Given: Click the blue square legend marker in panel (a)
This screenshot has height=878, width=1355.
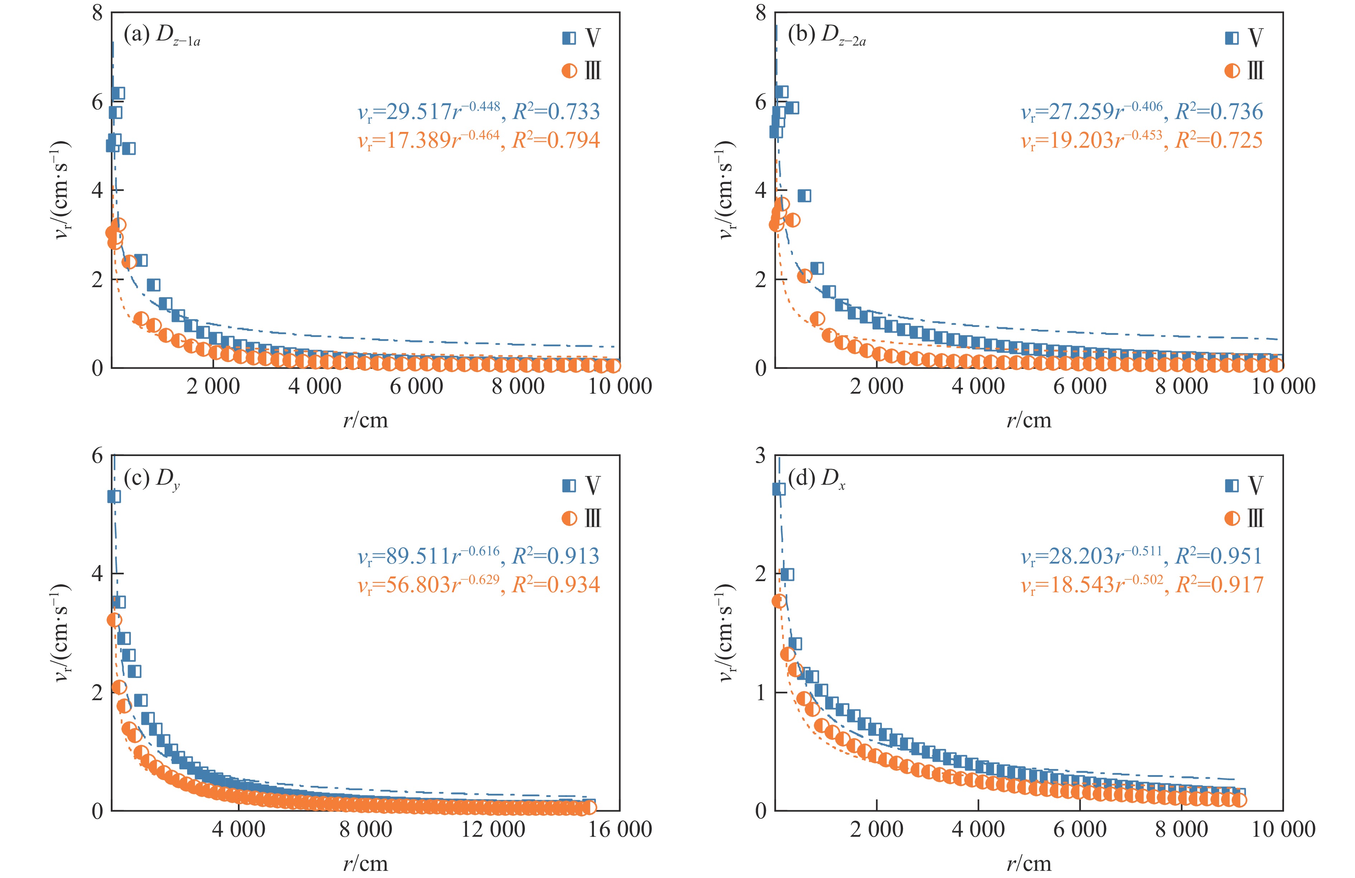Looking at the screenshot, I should pyautogui.click(x=569, y=38).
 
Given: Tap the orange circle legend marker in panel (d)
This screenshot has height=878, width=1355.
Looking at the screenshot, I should pyautogui.click(x=1232, y=518).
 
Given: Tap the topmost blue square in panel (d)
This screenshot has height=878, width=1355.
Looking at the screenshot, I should pyautogui.click(x=779, y=489).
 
